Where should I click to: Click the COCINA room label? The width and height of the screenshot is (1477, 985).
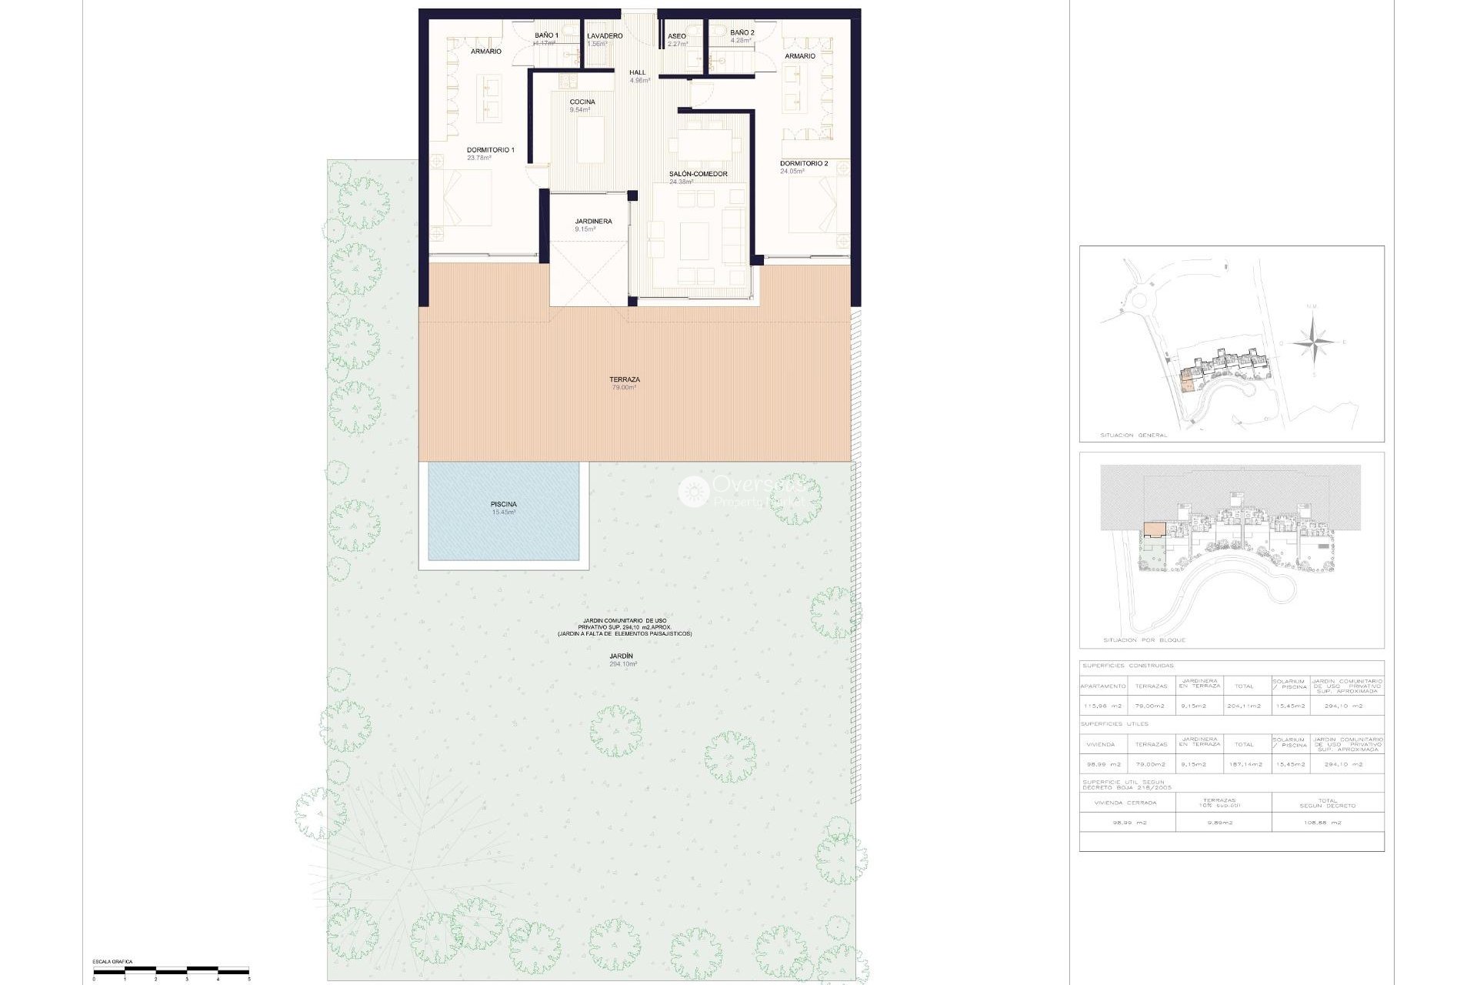coord(582,102)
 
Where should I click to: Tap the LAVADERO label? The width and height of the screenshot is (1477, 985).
coord(605,36)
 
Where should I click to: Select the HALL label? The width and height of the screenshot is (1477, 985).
coord(638,73)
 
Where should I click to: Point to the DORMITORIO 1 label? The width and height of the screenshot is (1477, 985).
coord(490,150)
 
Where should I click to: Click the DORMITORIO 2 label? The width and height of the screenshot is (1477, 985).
coord(803,164)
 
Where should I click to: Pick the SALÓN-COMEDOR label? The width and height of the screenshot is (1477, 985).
coord(698,174)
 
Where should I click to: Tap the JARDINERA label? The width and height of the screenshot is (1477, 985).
coord(593,222)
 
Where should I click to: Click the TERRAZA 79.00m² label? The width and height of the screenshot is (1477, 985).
coord(624,382)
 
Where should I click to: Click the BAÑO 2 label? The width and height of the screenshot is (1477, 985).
coord(742,33)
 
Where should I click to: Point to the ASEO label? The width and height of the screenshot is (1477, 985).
coord(677,36)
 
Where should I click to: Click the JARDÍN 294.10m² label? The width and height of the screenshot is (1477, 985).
coord(622,659)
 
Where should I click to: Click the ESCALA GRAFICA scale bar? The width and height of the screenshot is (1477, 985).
coord(171,970)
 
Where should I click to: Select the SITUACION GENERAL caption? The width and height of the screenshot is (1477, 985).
coord(1133,436)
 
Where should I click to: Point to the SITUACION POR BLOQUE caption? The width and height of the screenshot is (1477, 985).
coord(1144,640)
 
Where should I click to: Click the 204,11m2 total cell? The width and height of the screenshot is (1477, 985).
coord(1244,706)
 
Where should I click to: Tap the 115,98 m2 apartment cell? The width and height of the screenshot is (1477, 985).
coord(1102,706)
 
